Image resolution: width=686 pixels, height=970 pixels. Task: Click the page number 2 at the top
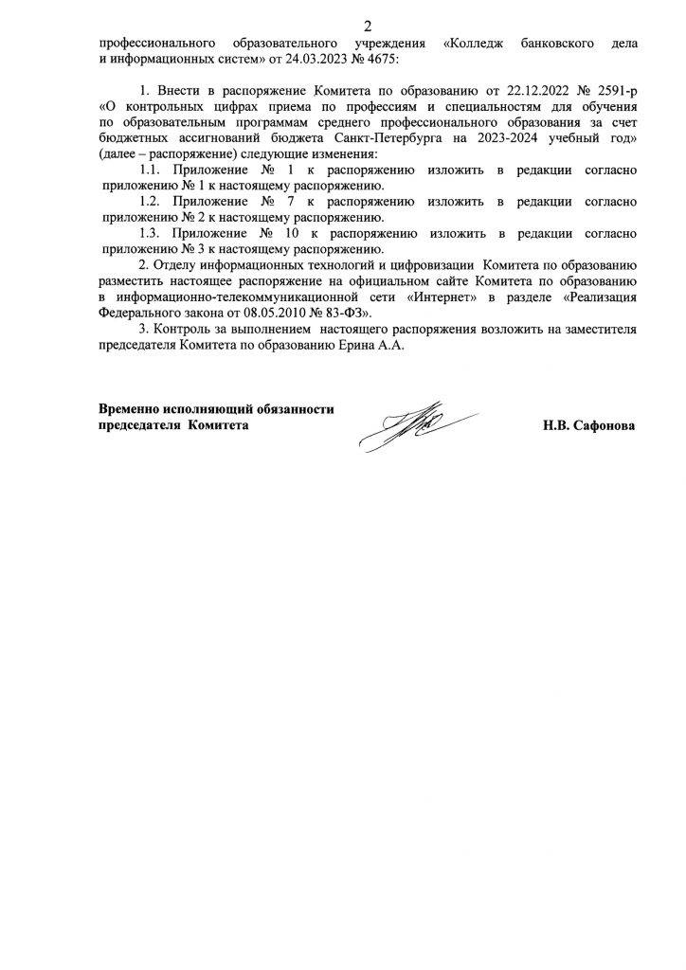pos(343,26)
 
